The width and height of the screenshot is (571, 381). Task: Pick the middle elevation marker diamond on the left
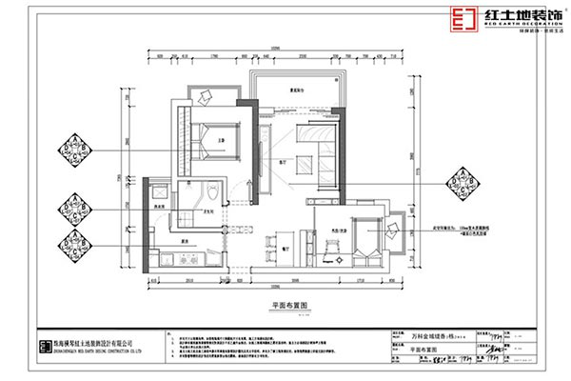74,206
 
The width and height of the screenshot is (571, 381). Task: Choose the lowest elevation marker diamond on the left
74,239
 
